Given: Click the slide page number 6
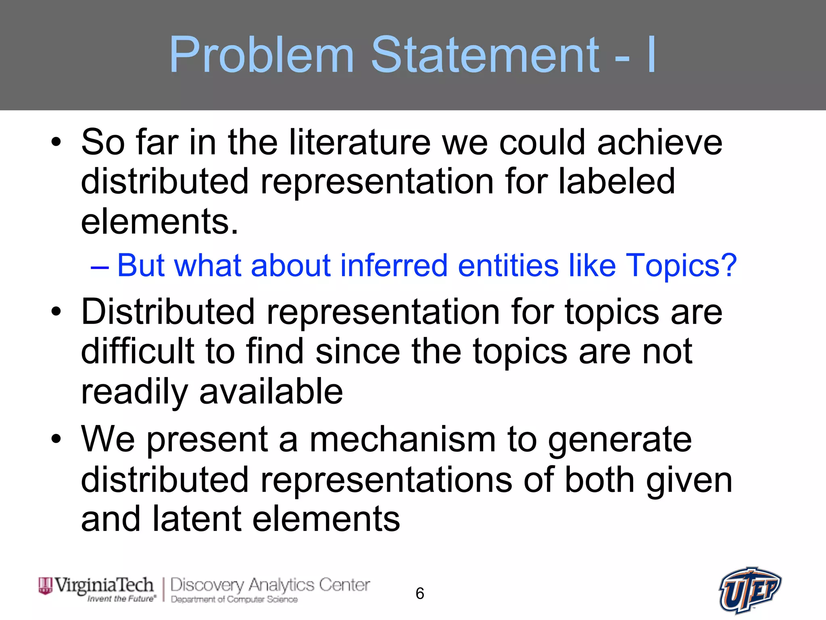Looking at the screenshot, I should pos(419,593).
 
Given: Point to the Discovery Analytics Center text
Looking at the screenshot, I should pos(270,584).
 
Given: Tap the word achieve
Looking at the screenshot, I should pos(660,142).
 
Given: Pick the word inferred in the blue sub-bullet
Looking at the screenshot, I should pos(394,266).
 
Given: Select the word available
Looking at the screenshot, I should pos(271,392).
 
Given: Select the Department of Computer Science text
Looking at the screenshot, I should pos(234,599).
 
